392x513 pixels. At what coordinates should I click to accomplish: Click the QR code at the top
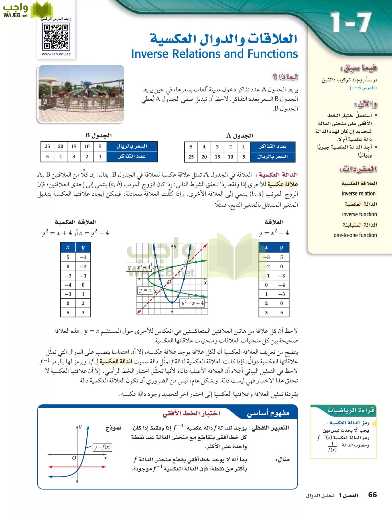click(x=56, y=36)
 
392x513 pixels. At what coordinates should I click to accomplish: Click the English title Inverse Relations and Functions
click(x=214, y=54)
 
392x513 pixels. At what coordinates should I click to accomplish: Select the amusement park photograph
click(x=81, y=94)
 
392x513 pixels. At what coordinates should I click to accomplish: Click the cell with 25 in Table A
click(x=191, y=157)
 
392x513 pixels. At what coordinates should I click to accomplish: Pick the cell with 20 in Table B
click(x=61, y=146)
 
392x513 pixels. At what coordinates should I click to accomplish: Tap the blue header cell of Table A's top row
click(x=272, y=146)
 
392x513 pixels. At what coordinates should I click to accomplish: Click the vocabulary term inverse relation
click(x=359, y=194)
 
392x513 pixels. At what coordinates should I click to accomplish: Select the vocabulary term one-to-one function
click(x=355, y=235)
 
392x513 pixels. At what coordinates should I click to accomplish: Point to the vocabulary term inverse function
click(x=359, y=214)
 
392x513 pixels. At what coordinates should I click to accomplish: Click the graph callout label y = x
click(x=145, y=290)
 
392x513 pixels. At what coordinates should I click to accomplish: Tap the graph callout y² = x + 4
click(x=193, y=303)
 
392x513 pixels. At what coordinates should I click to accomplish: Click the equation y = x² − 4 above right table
click(x=274, y=233)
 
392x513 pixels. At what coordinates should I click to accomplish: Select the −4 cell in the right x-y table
click(x=281, y=285)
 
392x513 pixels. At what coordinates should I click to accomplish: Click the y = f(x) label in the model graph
click(x=102, y=447)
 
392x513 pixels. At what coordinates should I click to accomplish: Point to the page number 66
click(x=372, y=495)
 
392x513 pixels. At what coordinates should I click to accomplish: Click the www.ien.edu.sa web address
click(x=56, y=54)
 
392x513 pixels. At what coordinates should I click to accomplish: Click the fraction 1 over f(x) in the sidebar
click(x=332, y=447)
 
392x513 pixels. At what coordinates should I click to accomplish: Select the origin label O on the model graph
click(x=74, y=458)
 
